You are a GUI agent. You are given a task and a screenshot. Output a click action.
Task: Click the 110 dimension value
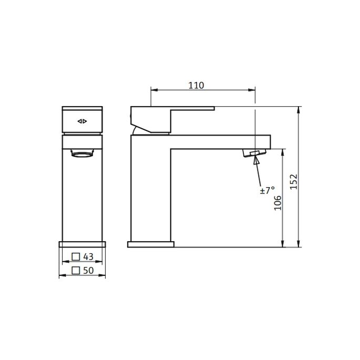coord(196,85)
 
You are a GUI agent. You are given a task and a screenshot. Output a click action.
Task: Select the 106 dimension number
coord(278,202)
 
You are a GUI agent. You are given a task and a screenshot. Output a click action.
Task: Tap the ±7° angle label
coord(267,190)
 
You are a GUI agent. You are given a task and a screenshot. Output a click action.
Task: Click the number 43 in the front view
coord(88,256)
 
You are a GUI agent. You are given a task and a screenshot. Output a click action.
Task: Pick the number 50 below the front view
coord(88,270)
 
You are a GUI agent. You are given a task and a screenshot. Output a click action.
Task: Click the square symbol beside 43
coord(76,256)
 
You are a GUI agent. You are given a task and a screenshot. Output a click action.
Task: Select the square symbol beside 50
coord(76,270)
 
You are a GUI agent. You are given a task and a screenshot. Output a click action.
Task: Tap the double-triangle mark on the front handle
coord(82,121)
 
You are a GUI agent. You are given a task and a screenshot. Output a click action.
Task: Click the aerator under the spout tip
coord(254,153)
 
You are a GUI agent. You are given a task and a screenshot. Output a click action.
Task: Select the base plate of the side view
coord(150,244)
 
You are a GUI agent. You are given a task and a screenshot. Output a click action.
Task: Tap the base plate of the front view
coord(82,244)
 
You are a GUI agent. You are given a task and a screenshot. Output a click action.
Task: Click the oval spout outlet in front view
coord(82,154)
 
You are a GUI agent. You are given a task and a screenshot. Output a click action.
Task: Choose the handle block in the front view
coord(82,120)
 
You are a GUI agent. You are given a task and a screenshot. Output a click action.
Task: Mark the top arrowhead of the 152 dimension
coord(299,110)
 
